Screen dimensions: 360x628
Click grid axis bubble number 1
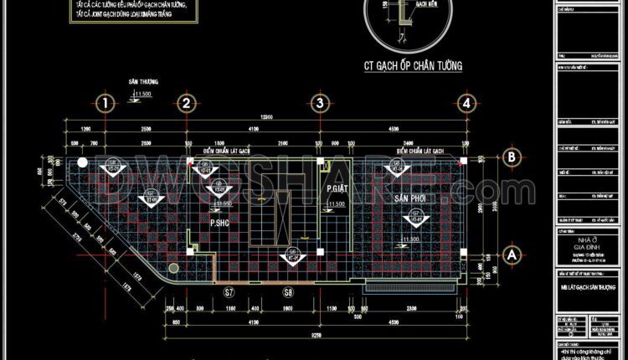point(104,103)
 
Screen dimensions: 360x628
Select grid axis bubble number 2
point(187,103)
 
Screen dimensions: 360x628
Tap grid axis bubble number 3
point(318,103)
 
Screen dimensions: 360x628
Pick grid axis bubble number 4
point(466,103)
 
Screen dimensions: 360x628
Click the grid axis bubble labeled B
point(508,157)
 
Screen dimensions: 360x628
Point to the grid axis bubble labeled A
point(508,250)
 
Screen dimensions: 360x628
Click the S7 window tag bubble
point(228,292)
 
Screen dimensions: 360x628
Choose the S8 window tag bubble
point(288,292)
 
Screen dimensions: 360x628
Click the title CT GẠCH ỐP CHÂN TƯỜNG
point(414,64)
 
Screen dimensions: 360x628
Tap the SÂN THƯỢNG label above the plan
point(143,83)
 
